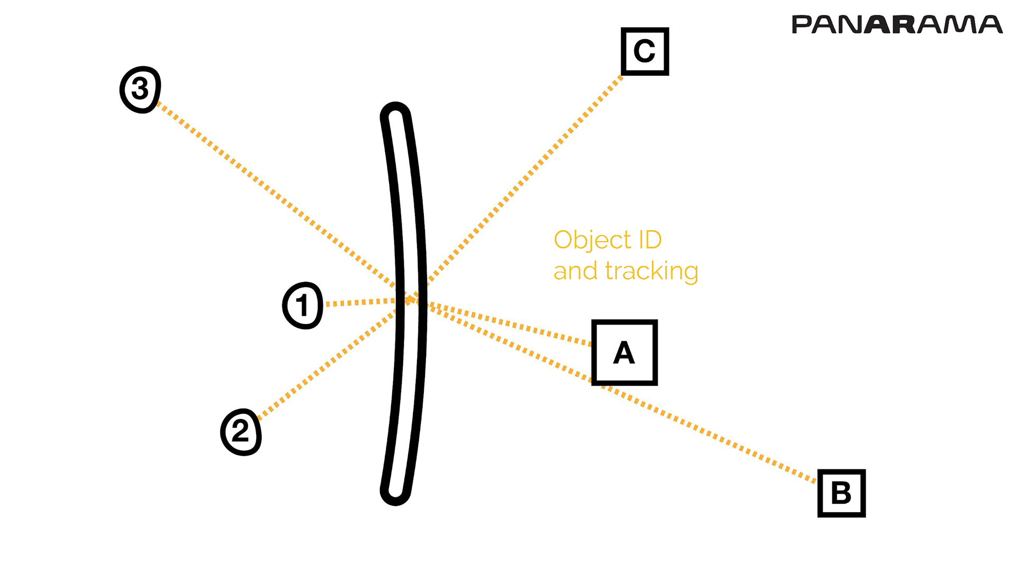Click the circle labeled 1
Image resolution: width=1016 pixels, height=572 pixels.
click(x=302, y=305)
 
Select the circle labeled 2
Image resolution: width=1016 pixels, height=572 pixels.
click(x=241, y=432)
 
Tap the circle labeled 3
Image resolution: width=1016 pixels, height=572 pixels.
click(x=140, y=89)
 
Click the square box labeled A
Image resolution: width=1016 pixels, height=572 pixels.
click(x=624, y=352)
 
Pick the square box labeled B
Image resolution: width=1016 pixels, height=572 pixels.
click(x=841, y=493)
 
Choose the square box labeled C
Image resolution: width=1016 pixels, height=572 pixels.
click(x=645, y=51)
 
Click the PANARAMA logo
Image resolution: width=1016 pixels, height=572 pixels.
click(x=896, y=25)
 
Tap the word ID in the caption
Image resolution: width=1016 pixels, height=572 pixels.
click(x=650, y=240)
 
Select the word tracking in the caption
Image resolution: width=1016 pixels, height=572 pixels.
click(x=651, y=271)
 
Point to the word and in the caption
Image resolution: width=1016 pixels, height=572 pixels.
click(x=576, y=271)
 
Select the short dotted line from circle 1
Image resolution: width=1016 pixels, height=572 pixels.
click(x=360, y=303)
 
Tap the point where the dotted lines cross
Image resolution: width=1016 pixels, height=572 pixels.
click(x=410, y=300)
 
